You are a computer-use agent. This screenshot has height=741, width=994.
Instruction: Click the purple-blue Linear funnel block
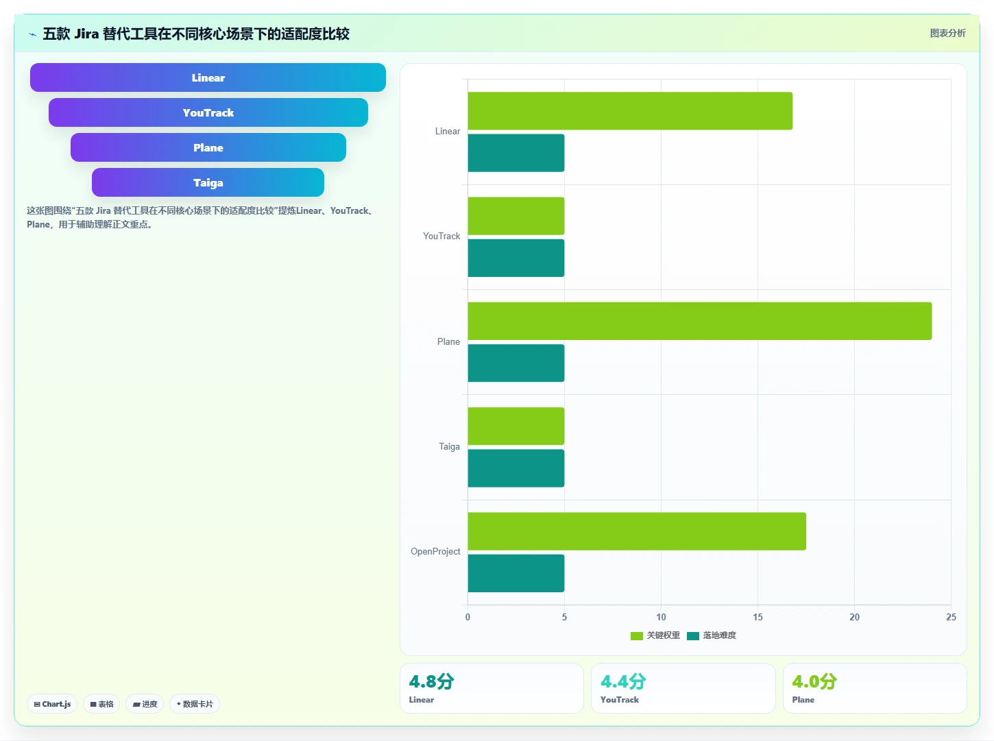pyautogui.click(x=208, y=77)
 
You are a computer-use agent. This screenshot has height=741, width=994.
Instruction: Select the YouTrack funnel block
pyautogui.click(x=208, y=112)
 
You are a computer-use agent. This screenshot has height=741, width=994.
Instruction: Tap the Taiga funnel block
pyautogui.click(x=208, y=182)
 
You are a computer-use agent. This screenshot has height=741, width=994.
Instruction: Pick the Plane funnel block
pyautogui.click(x=208, y=147)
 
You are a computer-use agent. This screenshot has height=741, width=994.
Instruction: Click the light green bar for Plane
pyautogui.click(x=700, y=321)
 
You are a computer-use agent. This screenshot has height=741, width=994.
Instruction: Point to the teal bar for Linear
pyautogui.click(x=516, y=153)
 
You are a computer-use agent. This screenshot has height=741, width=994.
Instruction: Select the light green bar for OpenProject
pyautogui.click(x=637, y=531)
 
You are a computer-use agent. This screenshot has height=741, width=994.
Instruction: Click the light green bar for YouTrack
pyautogui.click(x=516, y=216)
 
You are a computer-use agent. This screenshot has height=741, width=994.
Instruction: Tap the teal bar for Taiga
pyautogui.click(x=516, y=468)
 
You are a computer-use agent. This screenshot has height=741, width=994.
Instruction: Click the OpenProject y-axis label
pyautogui.click(x=435, y=551)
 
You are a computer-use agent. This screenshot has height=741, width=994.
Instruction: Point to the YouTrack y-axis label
pyautogui.click(x=441, y=236)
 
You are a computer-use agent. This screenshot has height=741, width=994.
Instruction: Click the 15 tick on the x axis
pyautogui.click(x=757, y=617)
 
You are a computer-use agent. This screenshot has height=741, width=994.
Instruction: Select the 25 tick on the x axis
pyautogui.click(x=951, y=617)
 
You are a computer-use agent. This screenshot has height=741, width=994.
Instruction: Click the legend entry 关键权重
pyautogui.click(x=655, y=635)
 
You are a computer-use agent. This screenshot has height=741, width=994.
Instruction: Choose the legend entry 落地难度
pyautogui.click(x=712, y=635)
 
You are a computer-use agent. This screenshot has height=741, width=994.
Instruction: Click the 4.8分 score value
pyautogui.click(x=431, y=681)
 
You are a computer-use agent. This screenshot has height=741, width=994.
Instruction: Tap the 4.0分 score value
pyautogui.click(x=814, y=681)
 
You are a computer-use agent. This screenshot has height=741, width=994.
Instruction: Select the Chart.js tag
pyautogui.click(x=52, y=704)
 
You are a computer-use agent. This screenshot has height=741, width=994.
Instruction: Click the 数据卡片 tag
pyautogui.click(x=194, y=704)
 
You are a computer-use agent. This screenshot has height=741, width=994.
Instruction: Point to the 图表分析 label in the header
pyautogui.click(x=947, y=33)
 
